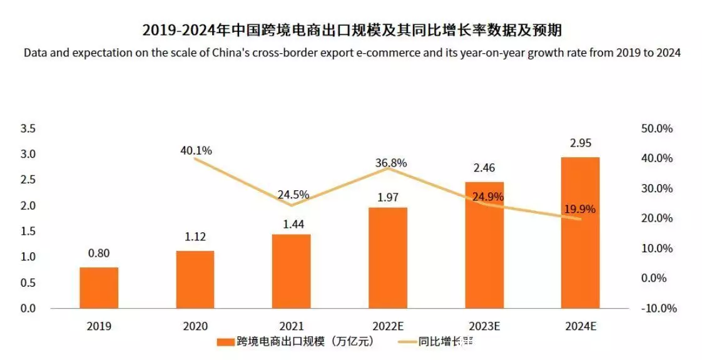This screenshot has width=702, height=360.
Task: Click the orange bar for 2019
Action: click(99, 287)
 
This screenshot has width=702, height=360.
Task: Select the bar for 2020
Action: click(195, 279)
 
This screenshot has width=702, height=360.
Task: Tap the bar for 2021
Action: click(292, 271)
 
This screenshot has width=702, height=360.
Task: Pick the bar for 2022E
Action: click(388, 257)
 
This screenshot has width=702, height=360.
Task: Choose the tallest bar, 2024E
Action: click(581, 232)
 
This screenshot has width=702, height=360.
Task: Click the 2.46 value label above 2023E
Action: click(484, 168)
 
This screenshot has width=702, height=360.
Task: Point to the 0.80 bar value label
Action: click(99, 254)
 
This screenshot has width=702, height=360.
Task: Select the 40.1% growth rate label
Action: click(196, 150)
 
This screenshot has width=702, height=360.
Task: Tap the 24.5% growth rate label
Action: click(293, 194)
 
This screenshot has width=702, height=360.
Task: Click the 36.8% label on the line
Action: click(391, 163)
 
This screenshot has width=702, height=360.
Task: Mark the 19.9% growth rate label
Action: click(580, 209)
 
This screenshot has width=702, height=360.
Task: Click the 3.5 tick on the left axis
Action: click(28, 128)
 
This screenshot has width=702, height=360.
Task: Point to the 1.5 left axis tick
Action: click(28, 231)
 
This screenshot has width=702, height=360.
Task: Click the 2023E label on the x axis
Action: click(484, 326)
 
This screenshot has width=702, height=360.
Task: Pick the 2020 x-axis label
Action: click(195, 326)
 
